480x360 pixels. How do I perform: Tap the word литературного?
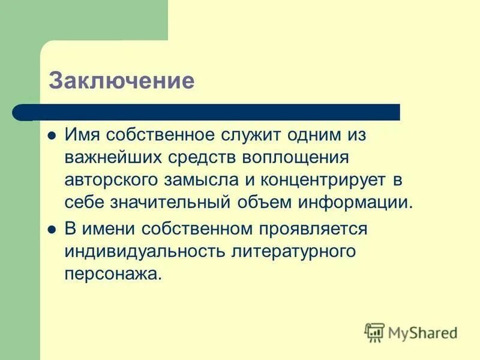pyautogui.click(x=294, y=251)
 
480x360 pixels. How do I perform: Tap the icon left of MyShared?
pyautogui.click(x=374, y=332)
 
